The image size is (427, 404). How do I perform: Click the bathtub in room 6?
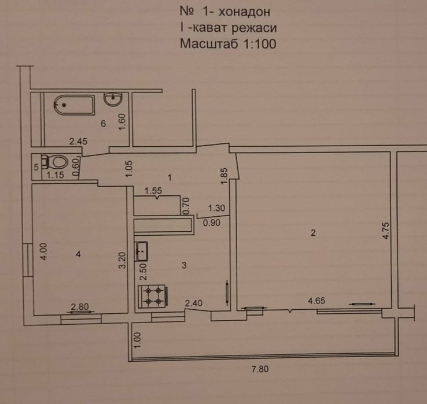click(74, 105)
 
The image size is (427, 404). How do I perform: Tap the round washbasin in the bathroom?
click(113, 99)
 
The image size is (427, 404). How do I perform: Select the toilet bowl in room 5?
click(56, 162)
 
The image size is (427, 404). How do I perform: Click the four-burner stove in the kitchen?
click(153, 296)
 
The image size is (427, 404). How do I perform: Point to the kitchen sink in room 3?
click(141, 251)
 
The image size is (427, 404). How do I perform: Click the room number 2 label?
click(313, 233)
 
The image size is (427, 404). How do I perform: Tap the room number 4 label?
click(79, 254)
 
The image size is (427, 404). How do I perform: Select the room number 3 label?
click(184, 265)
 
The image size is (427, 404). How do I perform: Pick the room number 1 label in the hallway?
click(170, 178)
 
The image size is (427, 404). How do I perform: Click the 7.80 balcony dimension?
click(260, 369)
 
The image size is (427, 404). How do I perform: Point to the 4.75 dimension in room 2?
click(386, 231)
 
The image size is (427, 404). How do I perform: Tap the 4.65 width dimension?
click(316, 301)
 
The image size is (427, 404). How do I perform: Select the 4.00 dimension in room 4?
click(44, 251)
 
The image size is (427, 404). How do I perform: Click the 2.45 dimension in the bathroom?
click(79, 142)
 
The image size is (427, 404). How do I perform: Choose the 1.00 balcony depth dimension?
click(138, 340)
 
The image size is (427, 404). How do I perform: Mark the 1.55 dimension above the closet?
click(153, 191)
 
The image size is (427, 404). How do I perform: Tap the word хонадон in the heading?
click(245, 12)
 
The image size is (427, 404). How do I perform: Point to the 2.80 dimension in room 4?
click(80, 307)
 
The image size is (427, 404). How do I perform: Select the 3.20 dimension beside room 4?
click(123, 260)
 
